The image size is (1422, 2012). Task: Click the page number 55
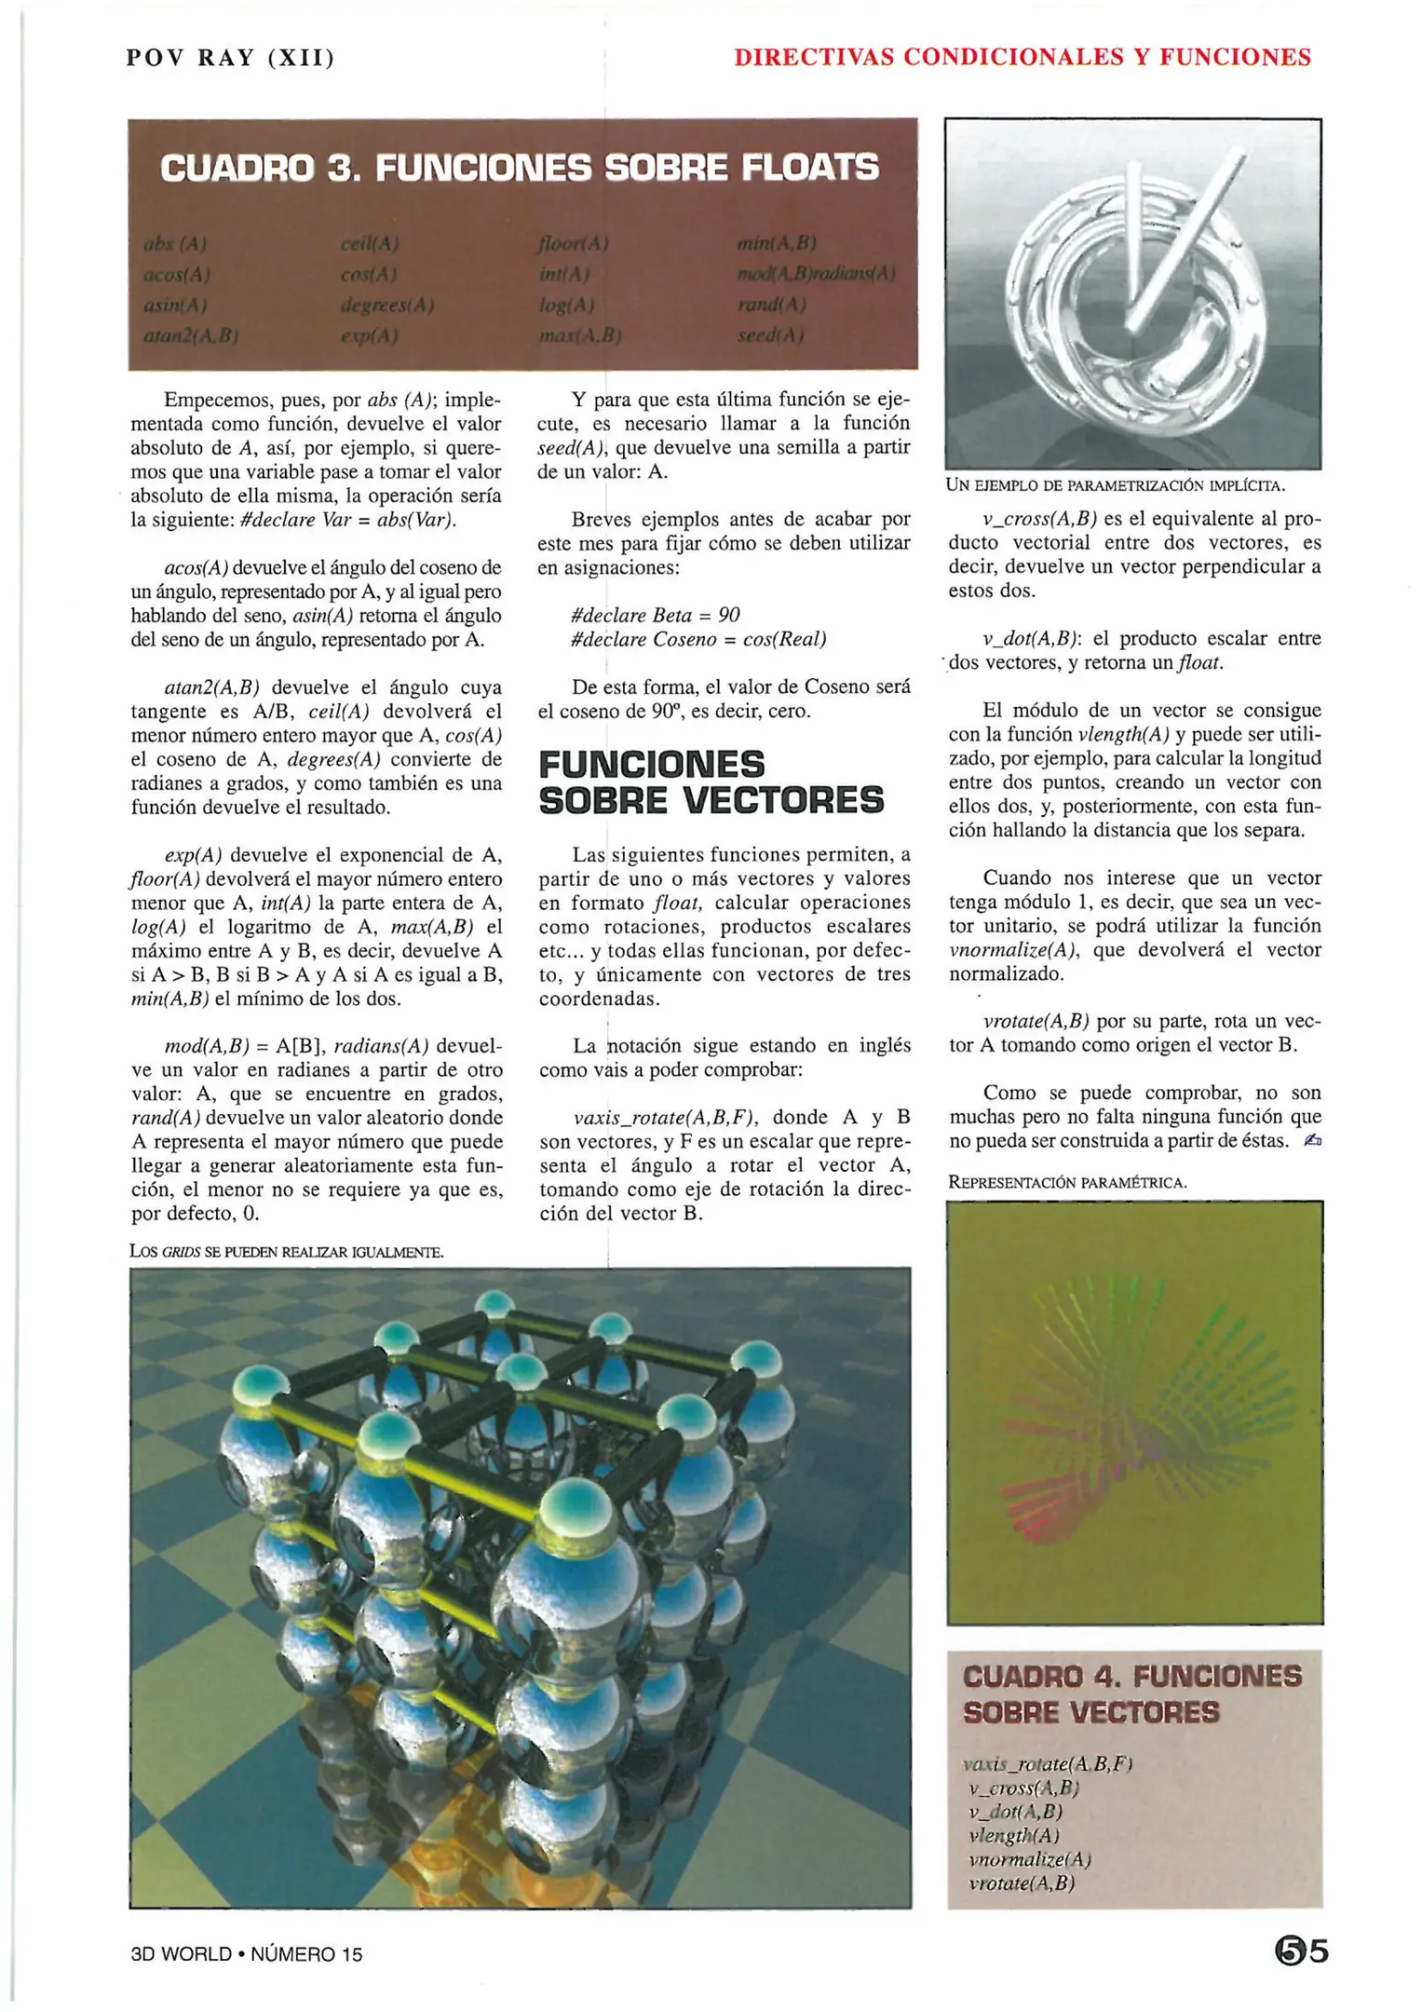(1302, 1951)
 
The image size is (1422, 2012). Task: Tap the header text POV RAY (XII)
(230, 58)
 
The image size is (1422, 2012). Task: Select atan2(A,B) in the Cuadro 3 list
(191, 335)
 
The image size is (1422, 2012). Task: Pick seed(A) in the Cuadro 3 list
(770, 335)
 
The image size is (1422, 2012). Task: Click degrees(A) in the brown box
(387, 305)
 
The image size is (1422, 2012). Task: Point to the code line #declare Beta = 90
(655, 615)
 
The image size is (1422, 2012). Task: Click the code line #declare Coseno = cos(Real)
(697, 639)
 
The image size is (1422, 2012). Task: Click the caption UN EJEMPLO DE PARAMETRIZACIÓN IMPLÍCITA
(1115, 485)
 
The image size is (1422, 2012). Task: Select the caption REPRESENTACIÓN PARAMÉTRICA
(1067, 1182)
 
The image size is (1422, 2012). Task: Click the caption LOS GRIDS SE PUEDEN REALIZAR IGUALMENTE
(286, 1252)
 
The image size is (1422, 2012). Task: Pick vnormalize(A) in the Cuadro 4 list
(1029, 1859)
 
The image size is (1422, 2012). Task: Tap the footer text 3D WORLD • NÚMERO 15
(247, 1954)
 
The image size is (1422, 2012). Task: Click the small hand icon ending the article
(1312, 1140)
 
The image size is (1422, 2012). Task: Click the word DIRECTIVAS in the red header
(813, 58)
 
